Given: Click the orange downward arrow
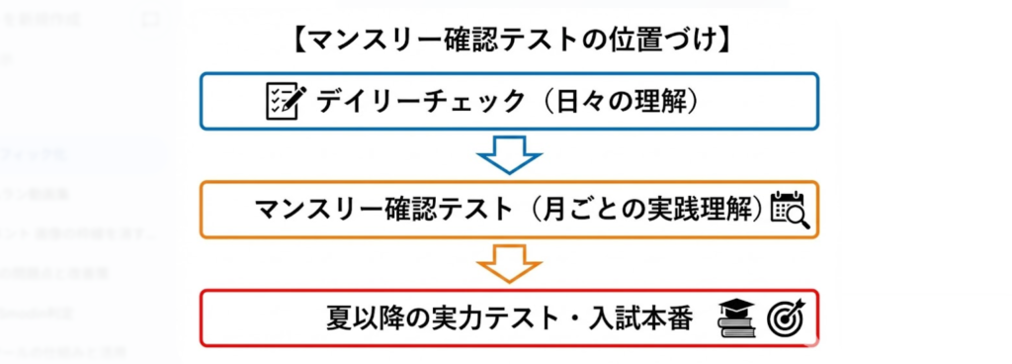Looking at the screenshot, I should click(x=509, y=263).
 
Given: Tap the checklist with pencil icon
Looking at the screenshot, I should click(x=286, y=101).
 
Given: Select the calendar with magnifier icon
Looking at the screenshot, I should click(x=789, y=209).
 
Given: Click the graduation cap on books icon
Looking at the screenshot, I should click(x=737, y=318).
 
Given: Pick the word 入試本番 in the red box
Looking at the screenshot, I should click(x=648, y=318).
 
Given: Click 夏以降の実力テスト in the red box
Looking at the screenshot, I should click(x=443, y=318).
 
